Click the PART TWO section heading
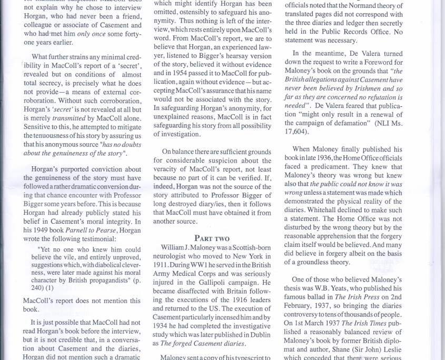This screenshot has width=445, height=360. [x=212, y=238]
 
